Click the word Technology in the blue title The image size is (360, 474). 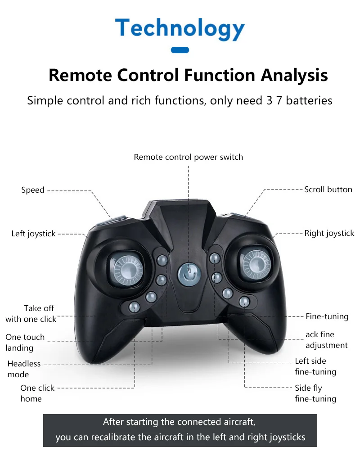coord(180,29)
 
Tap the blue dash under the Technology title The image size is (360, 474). coord(180,50)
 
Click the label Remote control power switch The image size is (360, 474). coord(188,157)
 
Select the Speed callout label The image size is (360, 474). coord(33,190)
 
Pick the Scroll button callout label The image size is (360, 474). coord(328,190)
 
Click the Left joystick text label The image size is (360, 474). coord(33,234)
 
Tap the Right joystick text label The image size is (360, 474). coord(329,233)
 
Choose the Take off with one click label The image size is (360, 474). coord(31,314)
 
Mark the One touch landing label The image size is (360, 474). coord(25,342)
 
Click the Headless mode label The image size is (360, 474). coord(24,369)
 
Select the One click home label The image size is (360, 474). coord(37,393)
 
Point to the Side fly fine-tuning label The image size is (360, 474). coord(315,393)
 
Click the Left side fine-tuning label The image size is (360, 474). coord(315,366)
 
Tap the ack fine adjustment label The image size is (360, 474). coord(326,340)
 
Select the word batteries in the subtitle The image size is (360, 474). coord(309,100)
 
